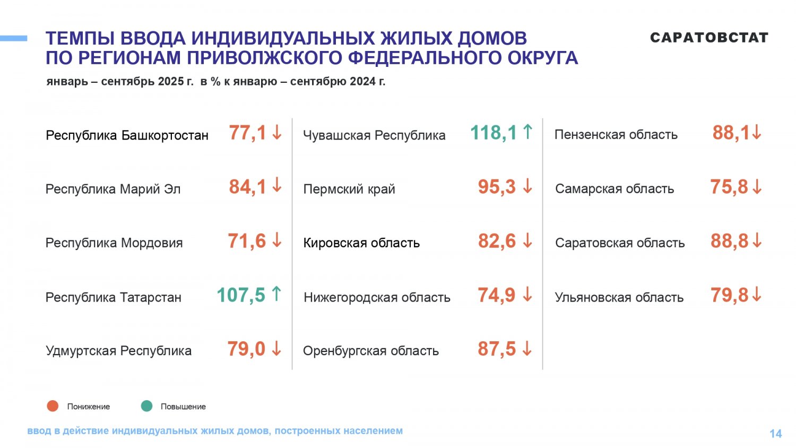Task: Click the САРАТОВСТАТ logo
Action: [x=709, y=38]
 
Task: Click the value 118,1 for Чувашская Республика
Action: [x=493, y=133]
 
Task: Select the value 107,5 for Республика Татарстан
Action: [x=240, y=295]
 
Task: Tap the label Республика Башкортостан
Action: [x=127, y=135]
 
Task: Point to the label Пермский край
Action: [x=349, y=189]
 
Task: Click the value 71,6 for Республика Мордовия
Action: [x=247, y=241]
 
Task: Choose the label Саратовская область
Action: [x=620, y=243]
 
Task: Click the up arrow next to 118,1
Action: [x=527, y=132]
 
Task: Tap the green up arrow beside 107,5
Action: [x=276, y=294]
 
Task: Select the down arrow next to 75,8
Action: [x=757, y=187]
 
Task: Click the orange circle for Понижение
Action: [x=53, y=406]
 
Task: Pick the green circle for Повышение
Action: [x=146, y=406]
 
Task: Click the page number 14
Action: [x=775, y=434]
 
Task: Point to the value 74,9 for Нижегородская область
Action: [x=496, y=295]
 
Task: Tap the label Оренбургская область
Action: [x=370, y=351]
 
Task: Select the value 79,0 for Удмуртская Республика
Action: [x=246, y=349]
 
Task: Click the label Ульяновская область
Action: [x=619, y=297]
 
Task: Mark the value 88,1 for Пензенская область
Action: [x=731, y=133]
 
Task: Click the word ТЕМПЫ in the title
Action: [x=80, y=39]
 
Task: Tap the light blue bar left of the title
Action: [x=13, y=38]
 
